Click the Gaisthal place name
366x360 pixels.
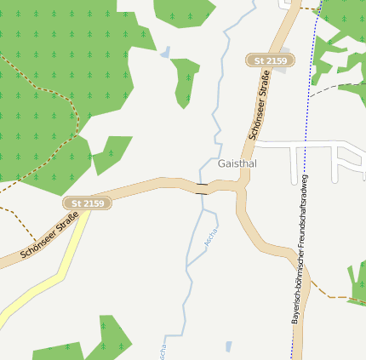point(237,163)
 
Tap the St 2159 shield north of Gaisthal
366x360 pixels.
point(271,60)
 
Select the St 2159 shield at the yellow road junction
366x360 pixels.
point(88,203)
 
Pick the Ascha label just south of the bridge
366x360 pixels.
point(210,237)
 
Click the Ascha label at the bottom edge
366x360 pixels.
point(161,347)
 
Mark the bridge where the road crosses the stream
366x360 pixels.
point(202,188)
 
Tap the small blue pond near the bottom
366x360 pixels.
point(228,346)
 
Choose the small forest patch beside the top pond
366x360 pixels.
point(185,81)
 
